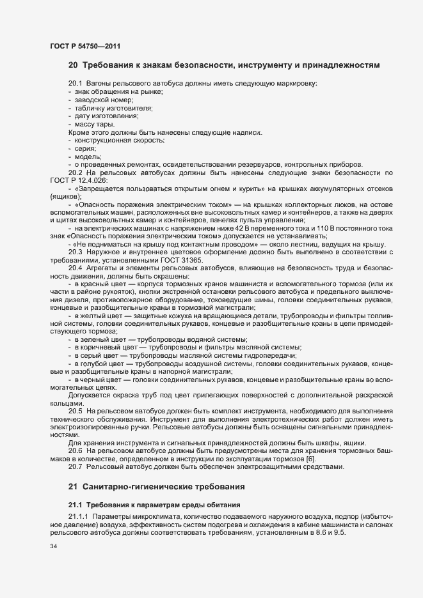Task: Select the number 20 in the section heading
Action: [x=73, y=65]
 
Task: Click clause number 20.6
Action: [x=76, y=451]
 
